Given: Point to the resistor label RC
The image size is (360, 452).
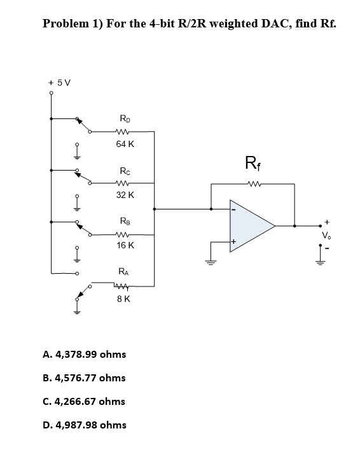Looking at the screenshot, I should [x=125, y=170].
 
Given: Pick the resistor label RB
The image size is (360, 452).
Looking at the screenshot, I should [x=125, y=221].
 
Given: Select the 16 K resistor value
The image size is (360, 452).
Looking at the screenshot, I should [x=125, y=245].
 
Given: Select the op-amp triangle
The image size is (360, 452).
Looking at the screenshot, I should [x=250, y=225].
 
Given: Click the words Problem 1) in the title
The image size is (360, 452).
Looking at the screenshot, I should [x=71, y=24].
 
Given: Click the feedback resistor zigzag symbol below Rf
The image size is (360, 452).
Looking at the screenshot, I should [x=253, y=185].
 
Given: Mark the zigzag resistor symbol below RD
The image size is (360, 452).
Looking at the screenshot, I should [x=125, y=132].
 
